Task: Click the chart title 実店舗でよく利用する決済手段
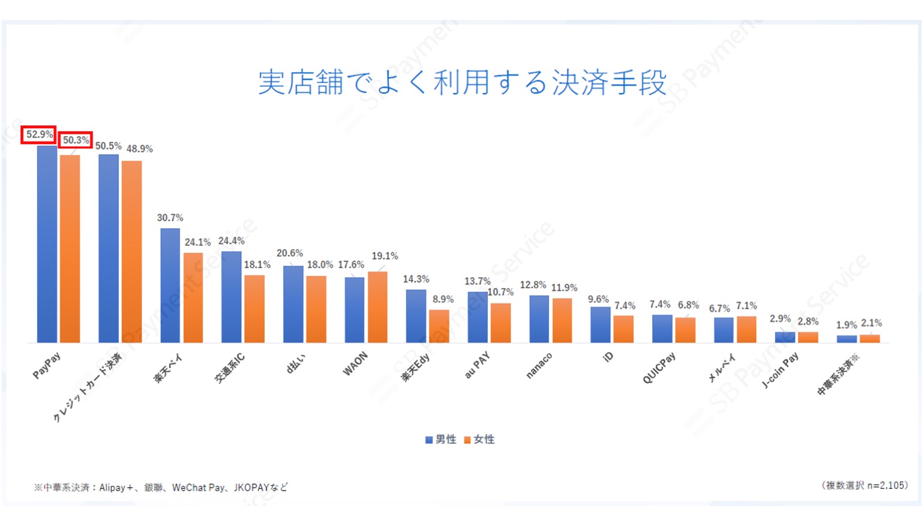[x=462, y=82]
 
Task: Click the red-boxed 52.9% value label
[x=39, y=135]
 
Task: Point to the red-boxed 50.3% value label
[x=76, y=140]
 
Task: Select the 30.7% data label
[x=170, y=217]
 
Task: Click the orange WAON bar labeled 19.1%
[x=377, y=307]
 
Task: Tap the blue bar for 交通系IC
[x=231, y=297]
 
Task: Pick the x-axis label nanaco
[x=538, y=366]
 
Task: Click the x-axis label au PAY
[x=477, y=365]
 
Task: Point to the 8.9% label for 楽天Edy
[x=443, y=299]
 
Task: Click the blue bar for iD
[x=600, y=324]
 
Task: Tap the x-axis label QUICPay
[x=659, y=367]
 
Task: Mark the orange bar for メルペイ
[x=746, y=329]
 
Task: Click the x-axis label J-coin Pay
[x=780, y=370]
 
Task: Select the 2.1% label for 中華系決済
[x=871, y=323]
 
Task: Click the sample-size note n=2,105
[x=887, y=485]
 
